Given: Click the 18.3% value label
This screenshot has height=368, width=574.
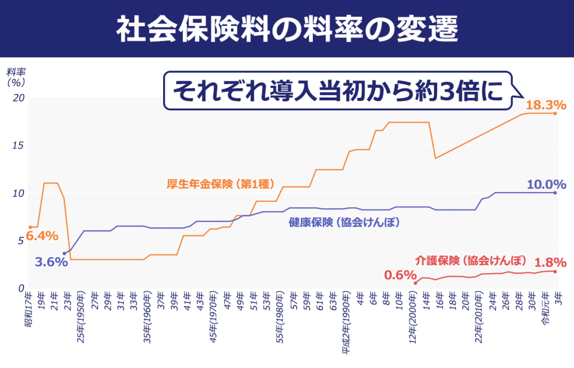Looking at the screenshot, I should tap(546, 105).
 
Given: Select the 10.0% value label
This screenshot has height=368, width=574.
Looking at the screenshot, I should tap(546, 184).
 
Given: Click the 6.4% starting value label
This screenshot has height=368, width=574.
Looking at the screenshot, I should tap(42, 236).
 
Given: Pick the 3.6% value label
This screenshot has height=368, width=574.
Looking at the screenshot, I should tap(51, 262).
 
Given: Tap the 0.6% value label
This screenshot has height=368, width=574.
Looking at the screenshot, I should tap(400, 275).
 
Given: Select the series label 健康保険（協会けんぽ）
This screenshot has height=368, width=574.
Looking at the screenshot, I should tap(344, 222).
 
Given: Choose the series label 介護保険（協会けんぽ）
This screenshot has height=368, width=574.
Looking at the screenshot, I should tap(471, 260).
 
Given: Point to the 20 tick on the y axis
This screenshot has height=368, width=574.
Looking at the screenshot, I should tap(19, 97).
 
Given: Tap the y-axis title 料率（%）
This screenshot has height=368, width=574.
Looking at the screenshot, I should tap(16, 77).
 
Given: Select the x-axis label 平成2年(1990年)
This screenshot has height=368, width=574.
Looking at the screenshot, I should tap(346, 325).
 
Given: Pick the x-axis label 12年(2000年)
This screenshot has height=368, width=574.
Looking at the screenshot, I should tap(413, 318).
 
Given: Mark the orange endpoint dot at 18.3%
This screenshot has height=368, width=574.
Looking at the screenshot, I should tap(555, 114).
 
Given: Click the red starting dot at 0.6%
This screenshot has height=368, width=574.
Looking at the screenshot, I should tap(415, 283).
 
